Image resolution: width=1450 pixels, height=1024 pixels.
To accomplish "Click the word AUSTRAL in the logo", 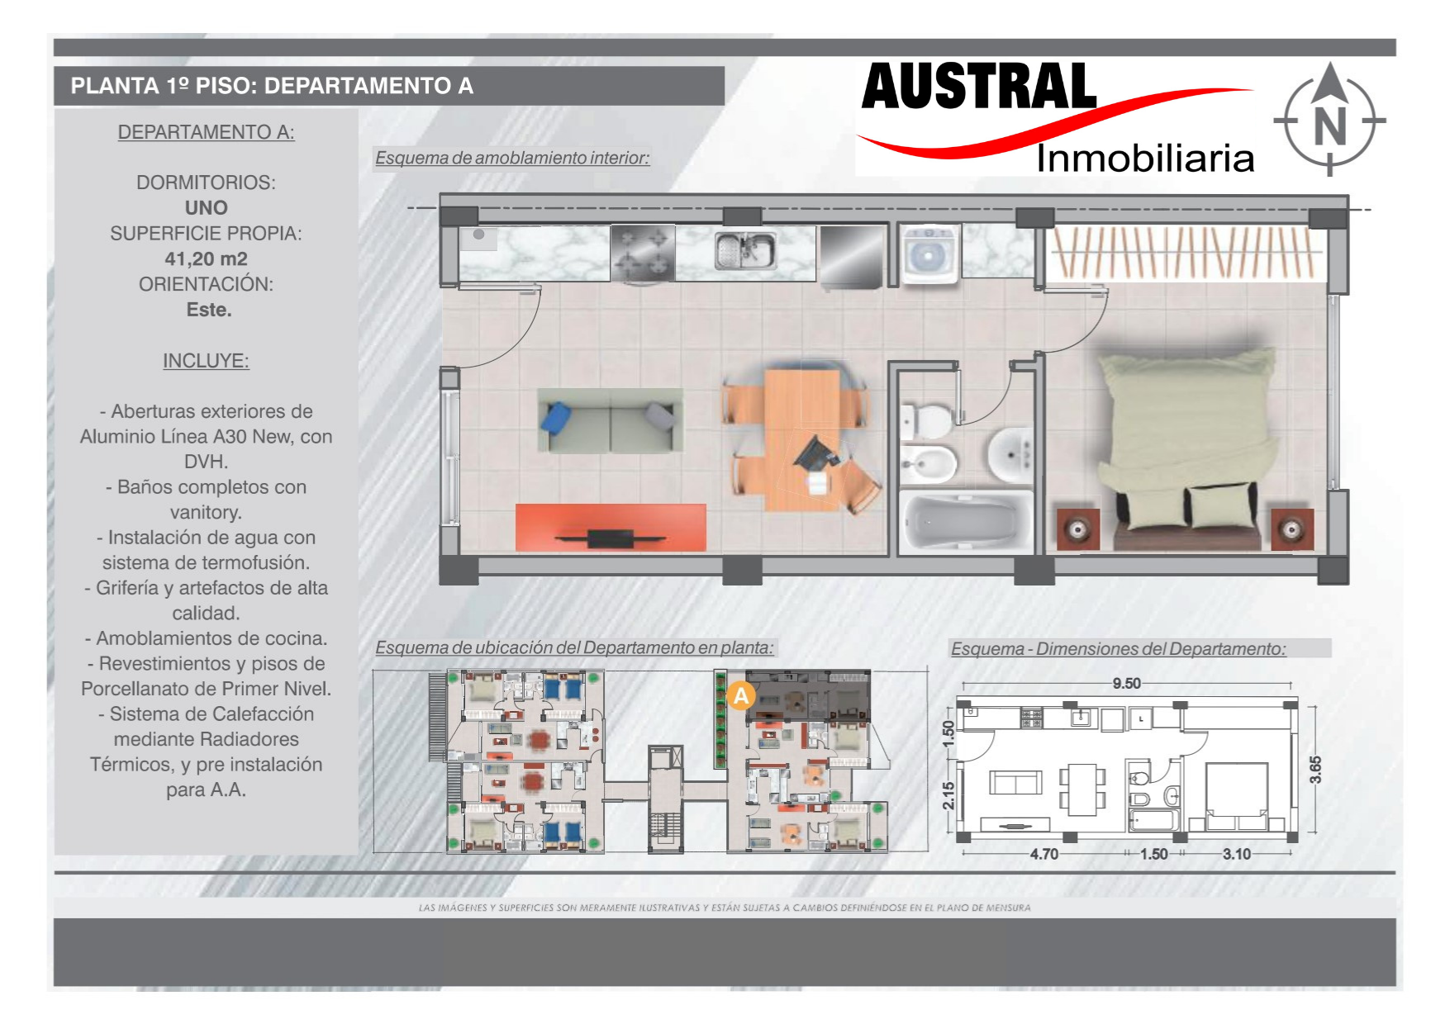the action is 979,87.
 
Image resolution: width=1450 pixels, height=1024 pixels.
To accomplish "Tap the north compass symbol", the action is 1329,119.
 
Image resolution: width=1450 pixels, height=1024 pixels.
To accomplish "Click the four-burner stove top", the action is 643,254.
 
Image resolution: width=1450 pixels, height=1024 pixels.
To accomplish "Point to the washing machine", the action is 929,254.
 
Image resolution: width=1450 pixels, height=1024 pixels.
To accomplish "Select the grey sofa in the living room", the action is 611,420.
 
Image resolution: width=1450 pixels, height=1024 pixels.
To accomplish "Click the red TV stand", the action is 611,528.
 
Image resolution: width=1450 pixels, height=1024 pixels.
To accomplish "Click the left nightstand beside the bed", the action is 1078,529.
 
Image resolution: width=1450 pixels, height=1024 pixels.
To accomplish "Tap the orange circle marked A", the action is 741,696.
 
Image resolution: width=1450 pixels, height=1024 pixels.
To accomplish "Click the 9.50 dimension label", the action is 1126,683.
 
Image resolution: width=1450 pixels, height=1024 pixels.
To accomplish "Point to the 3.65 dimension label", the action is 1315,769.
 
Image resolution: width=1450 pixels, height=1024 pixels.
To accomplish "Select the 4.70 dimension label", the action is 1044,854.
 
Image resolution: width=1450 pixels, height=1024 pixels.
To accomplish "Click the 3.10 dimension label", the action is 1237,854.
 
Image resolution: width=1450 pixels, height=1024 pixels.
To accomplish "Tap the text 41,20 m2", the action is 206,258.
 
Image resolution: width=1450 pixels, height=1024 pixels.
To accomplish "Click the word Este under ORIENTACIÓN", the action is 209,310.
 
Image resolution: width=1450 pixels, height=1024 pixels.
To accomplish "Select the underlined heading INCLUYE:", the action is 206,361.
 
